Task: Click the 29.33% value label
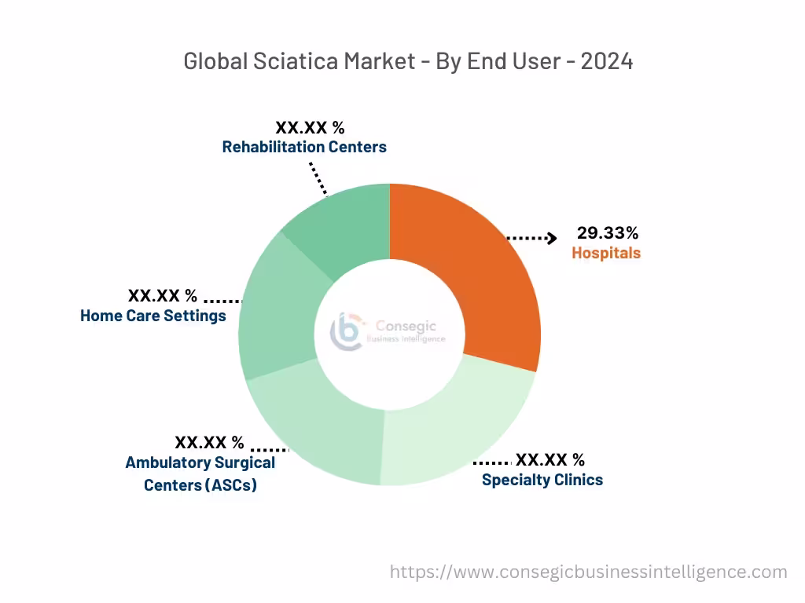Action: coord(607,232)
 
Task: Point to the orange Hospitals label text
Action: coord(606,253)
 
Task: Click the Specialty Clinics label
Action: coord(542,480)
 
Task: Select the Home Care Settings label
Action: coord(153,316)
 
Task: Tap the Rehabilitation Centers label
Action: coord(304,147)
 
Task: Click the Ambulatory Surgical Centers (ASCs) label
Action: coord(200,473)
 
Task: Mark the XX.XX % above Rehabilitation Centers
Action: coord(310,127)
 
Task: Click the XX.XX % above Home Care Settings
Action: coord(163,296)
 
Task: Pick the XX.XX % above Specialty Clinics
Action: coord(550,459)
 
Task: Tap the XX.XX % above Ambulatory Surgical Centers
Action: coord(209,443)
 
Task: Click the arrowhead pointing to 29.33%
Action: coord(553,237)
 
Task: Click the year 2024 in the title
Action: coord(607,61)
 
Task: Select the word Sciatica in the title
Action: coord(290,61)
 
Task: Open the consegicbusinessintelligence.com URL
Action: coord(588,572)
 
